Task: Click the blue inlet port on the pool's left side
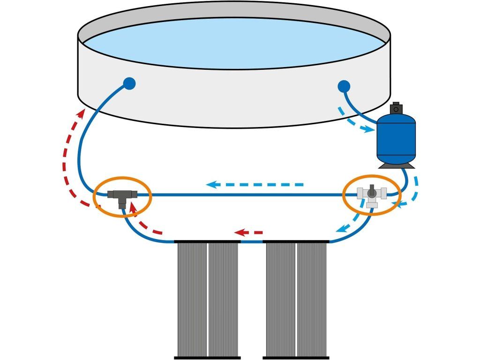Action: pyautogui.click(x=129, y=84)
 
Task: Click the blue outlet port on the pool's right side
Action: pyautogui.click(x=344, y=86)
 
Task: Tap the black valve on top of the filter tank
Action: pyautogui.click(x=397, y=108)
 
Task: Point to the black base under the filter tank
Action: pyautogui.click(x=396, y=165)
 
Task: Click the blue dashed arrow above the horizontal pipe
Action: pyautogui.click(x=255, y=184)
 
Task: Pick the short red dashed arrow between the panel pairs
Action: pyautogui.click(x=248, y=232)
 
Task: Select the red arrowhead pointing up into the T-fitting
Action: pyautogui.click(x=133, y=207)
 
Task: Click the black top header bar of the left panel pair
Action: pyautogui.click(x=207, y=242)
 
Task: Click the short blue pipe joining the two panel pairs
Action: pyautogui.click(x=252, y=242)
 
